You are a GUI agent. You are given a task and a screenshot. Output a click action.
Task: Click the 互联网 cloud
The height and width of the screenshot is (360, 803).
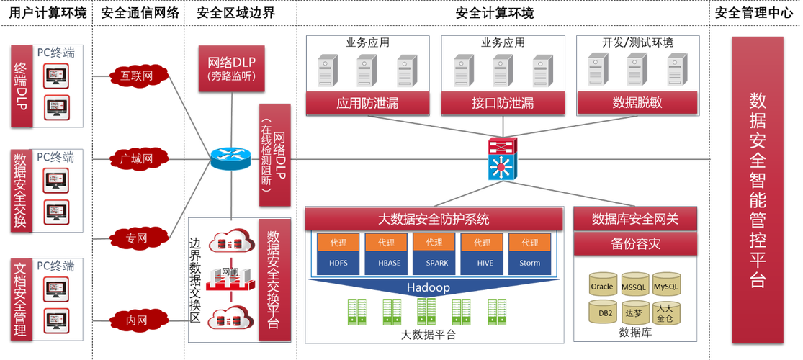click(139, 76)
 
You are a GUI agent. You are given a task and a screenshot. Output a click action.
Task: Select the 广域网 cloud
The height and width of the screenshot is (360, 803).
click(139, 159)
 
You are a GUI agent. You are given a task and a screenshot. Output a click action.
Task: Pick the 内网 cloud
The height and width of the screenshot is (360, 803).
click(139, 321)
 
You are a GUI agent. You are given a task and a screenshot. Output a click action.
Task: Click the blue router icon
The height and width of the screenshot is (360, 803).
click(231, 158)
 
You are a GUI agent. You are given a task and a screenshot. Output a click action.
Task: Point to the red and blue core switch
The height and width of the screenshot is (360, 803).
click(503, 158)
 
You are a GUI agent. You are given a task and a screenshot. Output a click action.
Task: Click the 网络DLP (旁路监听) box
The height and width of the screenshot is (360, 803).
click(231, 68)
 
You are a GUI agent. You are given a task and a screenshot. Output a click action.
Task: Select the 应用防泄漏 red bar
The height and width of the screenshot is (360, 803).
click(367, 103)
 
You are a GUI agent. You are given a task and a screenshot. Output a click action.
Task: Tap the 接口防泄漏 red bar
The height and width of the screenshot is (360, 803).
click(503, 103)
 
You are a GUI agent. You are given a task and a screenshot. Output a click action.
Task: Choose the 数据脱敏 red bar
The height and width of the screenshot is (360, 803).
click(637, 102)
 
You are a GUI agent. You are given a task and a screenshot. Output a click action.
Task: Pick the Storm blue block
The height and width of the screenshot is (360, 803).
click(529, 263)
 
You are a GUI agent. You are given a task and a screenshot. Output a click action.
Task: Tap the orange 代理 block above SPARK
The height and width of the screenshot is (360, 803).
click(434, 242)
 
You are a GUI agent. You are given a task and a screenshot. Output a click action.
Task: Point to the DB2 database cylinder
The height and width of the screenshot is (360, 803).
click(602, 313)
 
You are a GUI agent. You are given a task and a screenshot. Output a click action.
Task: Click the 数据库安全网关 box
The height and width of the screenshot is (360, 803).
click(635, 219)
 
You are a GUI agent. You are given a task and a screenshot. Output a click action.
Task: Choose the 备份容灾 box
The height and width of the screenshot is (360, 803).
click(635, 244)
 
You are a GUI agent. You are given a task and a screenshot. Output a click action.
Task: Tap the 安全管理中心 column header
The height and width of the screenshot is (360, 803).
click(753, 13)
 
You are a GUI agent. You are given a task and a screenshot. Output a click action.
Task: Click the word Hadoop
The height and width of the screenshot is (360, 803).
click(428, 287)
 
